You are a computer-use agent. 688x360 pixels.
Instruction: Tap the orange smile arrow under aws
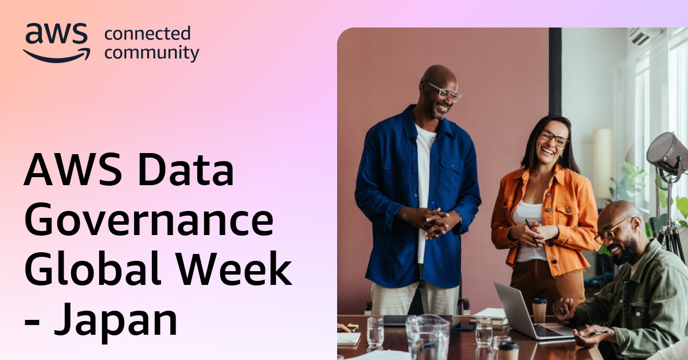point(57,55)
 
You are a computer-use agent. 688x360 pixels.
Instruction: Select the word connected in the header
point(147,34)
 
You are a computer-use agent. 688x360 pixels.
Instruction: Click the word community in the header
point(152,53)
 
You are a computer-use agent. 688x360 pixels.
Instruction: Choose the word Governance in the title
point(148,221)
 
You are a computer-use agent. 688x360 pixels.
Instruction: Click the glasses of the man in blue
point(444,91)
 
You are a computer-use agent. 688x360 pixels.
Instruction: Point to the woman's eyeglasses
point(553,138)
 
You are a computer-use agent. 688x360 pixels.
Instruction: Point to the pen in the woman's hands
point(533,232)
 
